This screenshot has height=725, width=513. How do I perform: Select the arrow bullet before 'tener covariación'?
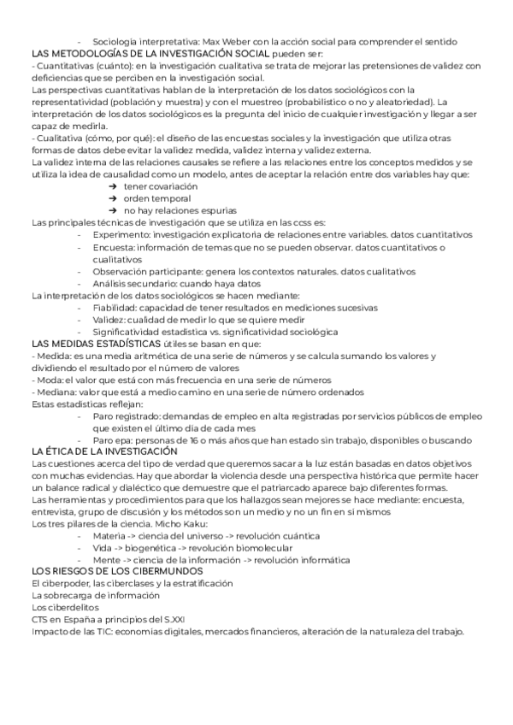pos(113,186)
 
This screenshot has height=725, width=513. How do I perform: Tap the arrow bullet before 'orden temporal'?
pos(113,198)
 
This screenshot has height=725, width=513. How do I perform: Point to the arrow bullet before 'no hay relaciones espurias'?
pos(113,210)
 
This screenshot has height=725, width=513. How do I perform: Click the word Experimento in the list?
pos(120,234)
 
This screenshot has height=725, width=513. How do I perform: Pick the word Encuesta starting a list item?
pos(113,247)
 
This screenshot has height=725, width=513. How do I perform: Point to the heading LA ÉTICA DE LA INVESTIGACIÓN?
pos(103,451)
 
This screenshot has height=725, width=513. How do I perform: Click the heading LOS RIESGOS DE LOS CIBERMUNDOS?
pos(116,570)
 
